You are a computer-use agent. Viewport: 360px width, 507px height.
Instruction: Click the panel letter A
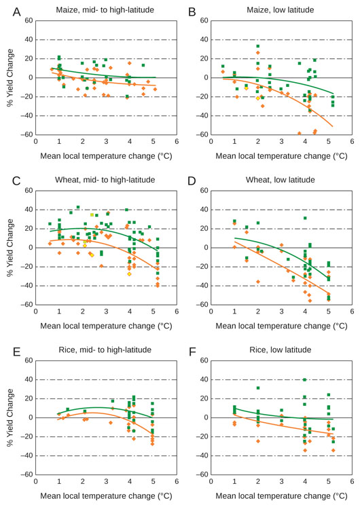click(16, 12)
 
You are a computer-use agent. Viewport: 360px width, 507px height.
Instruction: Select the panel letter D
click(192, 181)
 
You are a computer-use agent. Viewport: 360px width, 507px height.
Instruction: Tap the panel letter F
click(192, 350)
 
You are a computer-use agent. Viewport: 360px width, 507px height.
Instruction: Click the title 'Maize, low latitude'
click(280, 10)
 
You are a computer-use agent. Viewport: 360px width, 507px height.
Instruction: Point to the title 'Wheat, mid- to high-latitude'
click(105, 180)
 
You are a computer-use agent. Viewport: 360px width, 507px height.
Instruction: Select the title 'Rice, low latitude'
click(280, 350)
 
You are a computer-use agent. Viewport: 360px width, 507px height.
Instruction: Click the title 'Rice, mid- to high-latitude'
click(105, 350)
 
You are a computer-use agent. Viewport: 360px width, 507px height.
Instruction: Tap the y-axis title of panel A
click(10, 77)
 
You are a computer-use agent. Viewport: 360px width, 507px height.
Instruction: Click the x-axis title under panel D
click(281, 326)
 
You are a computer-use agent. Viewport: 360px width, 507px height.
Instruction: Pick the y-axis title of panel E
click(10, 418)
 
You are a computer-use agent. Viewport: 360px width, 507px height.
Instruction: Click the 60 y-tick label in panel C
click(29, 191)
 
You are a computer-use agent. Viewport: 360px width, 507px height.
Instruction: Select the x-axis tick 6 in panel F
click(352, 481)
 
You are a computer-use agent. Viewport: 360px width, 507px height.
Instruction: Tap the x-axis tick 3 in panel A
click(106, 141)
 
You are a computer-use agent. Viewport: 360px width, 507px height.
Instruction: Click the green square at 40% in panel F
click(305, 379)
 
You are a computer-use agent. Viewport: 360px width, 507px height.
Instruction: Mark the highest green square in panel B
click(258, 46)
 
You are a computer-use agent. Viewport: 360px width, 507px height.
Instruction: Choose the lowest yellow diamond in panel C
click(129, 274)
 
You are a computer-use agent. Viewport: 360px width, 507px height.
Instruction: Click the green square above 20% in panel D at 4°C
click(305, 218)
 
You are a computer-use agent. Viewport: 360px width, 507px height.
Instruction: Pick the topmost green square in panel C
click(78, 207)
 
